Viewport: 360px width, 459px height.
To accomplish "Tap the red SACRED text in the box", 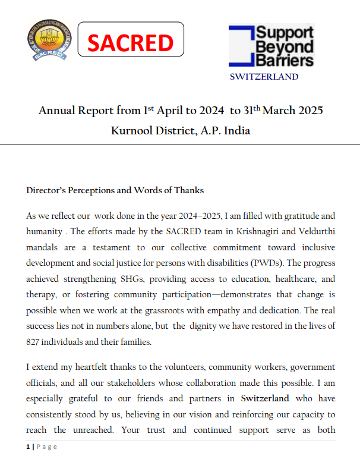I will click(x=131, y=43).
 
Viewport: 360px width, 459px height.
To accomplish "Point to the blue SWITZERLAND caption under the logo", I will click(x=264, y=77).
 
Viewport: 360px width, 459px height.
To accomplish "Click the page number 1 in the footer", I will click(x=28, y=447).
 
